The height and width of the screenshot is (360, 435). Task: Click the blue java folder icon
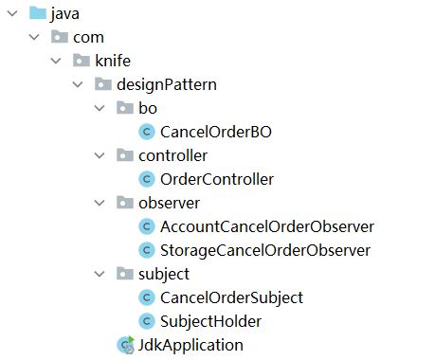(x=38, y=13)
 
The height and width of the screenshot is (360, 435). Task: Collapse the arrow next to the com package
(x=34, y=37)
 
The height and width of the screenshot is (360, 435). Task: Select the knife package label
(x=113, y=61)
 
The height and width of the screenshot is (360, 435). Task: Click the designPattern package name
(x=167, y=84)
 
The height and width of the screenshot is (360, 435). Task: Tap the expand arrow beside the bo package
(x=100, y=108)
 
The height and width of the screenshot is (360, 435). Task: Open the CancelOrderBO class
(x=216, y=132)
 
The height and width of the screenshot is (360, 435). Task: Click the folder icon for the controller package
(x=125, y=155)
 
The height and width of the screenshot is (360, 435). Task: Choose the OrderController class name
(x=217, y=179)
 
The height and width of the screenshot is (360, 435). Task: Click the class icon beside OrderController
(x=147, y=179)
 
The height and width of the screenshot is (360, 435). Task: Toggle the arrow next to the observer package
(x=100, y=203)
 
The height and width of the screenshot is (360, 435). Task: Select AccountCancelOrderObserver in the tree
(x=267, y=226)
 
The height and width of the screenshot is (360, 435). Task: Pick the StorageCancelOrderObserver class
(x=265, y=250)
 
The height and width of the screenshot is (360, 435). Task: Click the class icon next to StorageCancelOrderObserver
(x=147, y=250)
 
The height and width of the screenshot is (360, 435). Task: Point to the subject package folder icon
(x=125, y=274)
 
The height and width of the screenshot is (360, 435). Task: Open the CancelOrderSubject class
(x=231, y=297)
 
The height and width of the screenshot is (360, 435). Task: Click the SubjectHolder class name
(x=210, y=321)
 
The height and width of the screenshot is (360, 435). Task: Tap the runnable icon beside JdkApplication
(x=126, y=345)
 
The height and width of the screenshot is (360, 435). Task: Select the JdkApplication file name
(x=190, y=345)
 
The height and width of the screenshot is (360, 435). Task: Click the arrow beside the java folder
(x=12, y=13)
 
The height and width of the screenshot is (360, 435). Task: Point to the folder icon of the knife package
(x=82, y=61)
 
